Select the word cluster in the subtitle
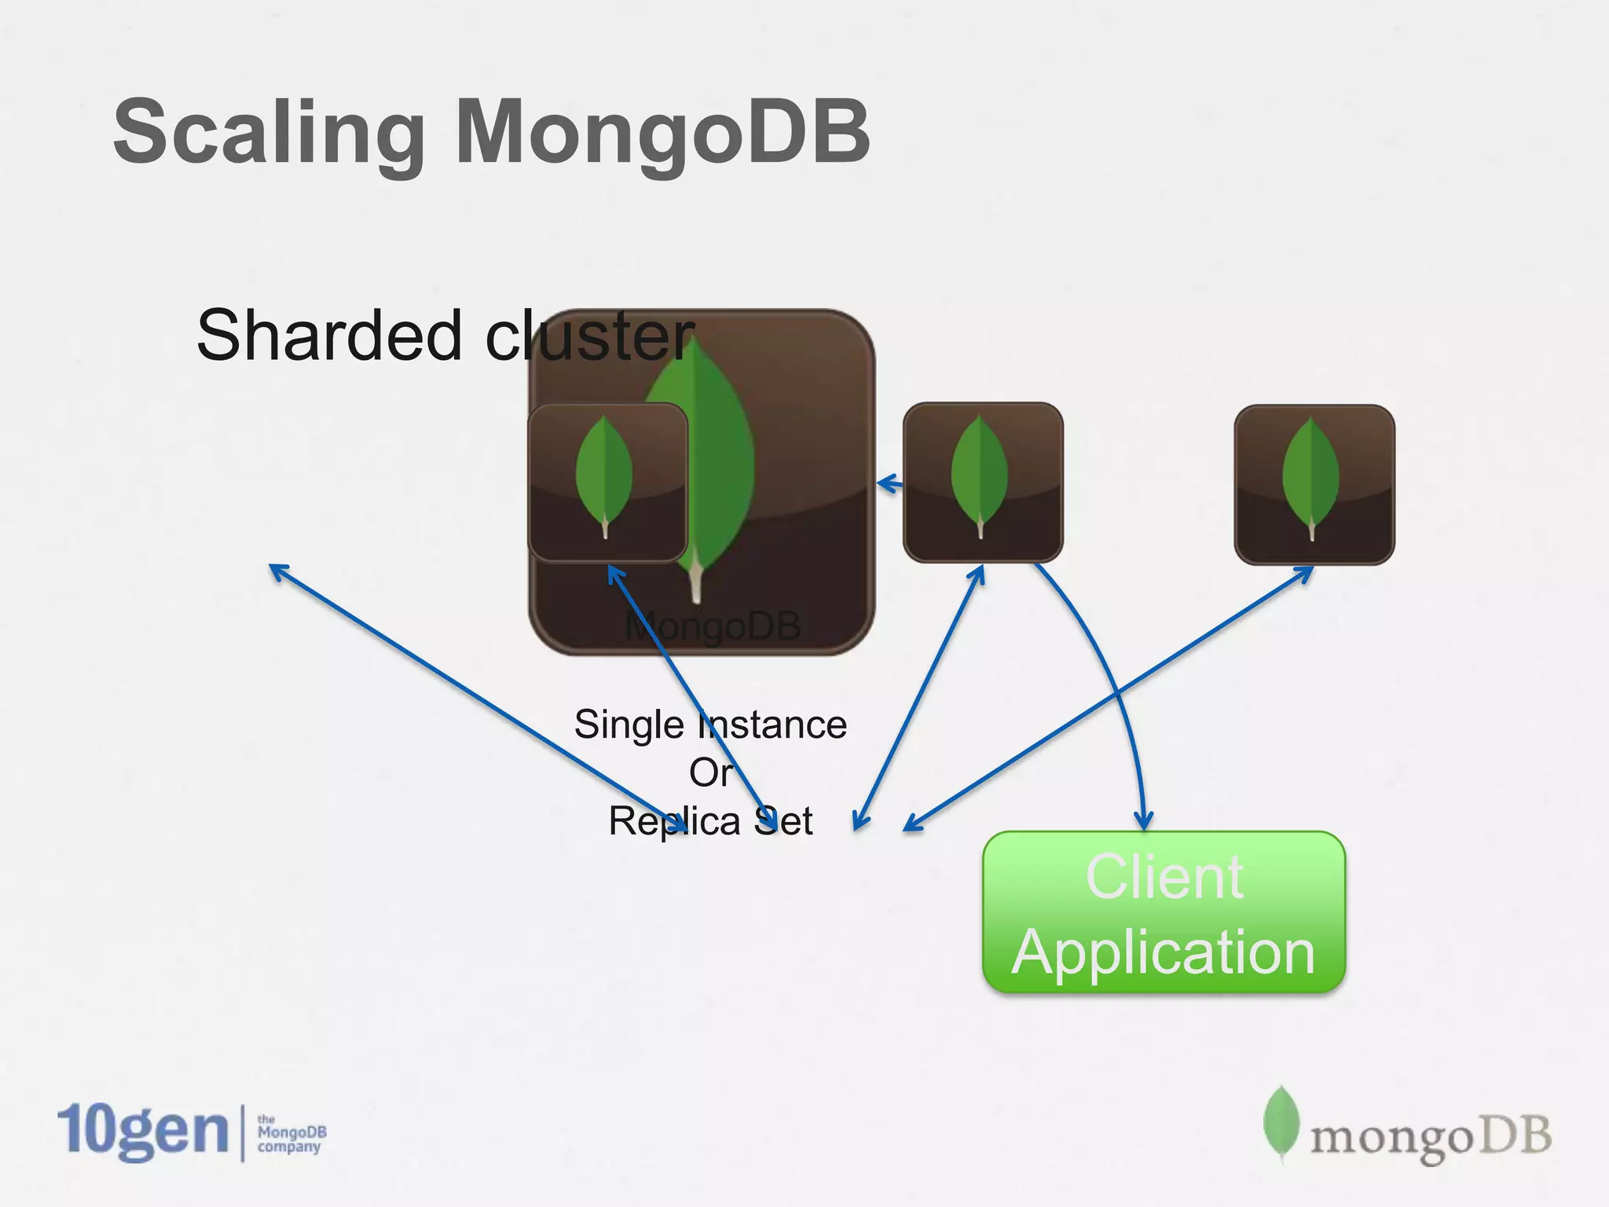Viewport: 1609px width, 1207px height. coord(590,336)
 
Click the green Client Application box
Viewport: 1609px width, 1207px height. coord(1164,912)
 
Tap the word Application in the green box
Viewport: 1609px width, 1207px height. coord(1164,952)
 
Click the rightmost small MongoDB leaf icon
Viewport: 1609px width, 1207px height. coord(1314,484)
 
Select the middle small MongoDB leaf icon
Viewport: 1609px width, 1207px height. coord(982,482)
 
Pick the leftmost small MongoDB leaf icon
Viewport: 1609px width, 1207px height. coord(607,482)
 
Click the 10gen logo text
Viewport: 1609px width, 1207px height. coord(143,1131)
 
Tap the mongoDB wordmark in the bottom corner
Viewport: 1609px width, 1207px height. coord(1430,1137)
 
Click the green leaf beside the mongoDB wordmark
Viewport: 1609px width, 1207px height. coord(1281,1122)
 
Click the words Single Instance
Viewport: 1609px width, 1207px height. coord(710,724)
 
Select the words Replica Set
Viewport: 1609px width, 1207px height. coord(710,821)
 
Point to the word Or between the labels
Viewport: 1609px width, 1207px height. coord(710,772)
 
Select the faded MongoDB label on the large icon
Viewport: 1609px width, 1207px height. coord(712,626)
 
